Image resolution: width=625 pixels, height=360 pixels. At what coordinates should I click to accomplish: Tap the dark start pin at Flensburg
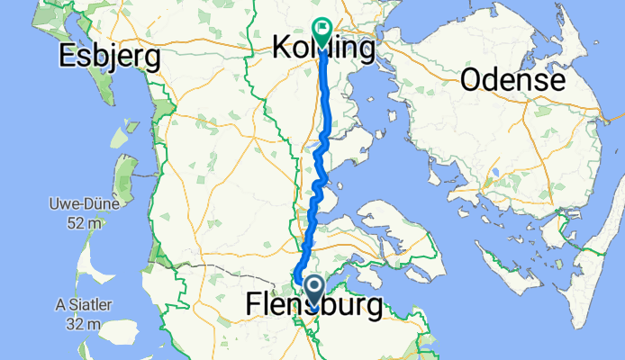[x=314, y=290]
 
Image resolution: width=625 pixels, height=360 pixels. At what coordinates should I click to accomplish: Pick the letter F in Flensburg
[x=253, y=305]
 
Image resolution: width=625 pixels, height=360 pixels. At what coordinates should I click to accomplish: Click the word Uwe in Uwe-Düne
[x=63, y=205]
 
